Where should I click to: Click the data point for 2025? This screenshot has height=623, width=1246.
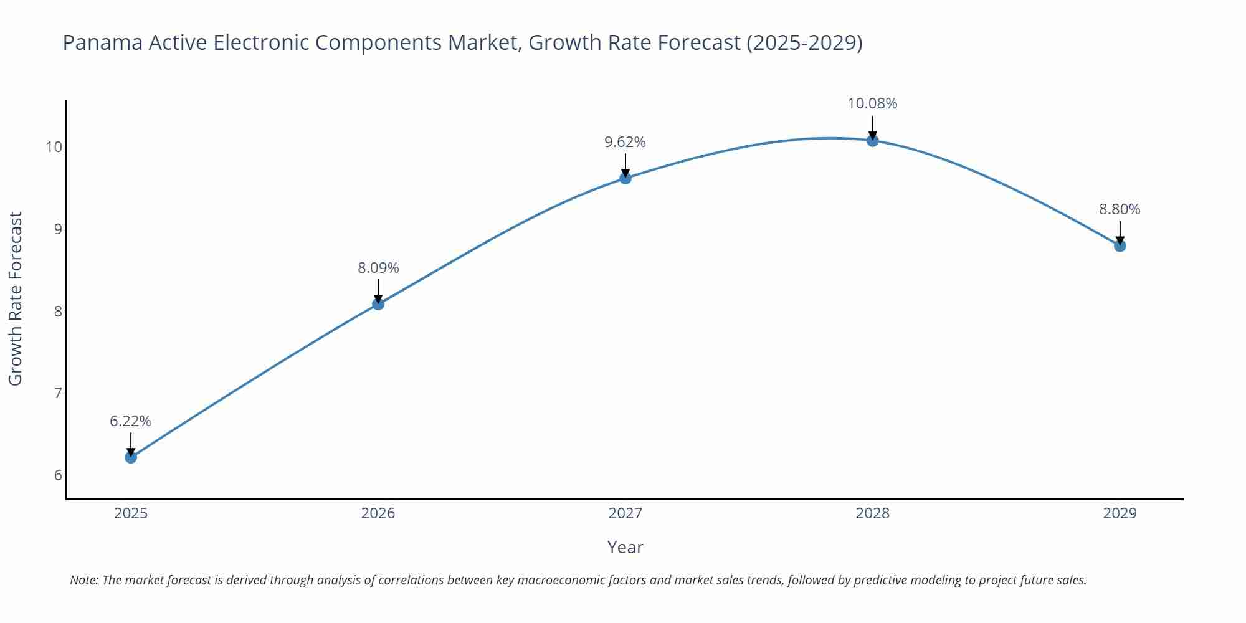pyautogui.click(x=131, y=457)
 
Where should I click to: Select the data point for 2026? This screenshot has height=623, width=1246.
pyautogui.click(x=378, y=304)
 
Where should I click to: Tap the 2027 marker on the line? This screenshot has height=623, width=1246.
pyautogui.click(x=625, y=178)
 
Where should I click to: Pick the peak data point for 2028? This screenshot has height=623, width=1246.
pyautogui.click(x=873, y=141)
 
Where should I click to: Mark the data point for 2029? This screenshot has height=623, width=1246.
pyautogui.click(x=1120, y=246)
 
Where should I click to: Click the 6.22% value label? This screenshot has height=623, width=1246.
pyautogui.click(x=131, y=421)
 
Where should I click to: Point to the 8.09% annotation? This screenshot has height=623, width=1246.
pyautogui.click(x=378, y=268)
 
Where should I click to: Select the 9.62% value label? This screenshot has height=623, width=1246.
pyautogui.click(x=625, y=142)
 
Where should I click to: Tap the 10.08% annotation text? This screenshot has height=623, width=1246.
pyautogui.click(x=872, y=103)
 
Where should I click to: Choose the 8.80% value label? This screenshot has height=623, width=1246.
pyautogui.click(x=1120, y=209)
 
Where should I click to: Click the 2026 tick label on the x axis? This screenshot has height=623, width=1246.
pyautogui.click(x=378, y=513)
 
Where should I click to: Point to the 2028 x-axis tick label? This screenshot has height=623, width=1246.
pyautogui.click(x=873, y=513)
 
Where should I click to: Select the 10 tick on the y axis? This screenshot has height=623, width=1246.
pyautogui.click(x=54, y=147)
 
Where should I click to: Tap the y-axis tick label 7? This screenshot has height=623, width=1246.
pyautogui.click(x=58, y=393)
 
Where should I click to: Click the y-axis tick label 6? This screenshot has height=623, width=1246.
pyautogui.click(x=58, y=475)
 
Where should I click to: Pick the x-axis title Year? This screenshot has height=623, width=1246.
pyautogui.click(x=625, y=547)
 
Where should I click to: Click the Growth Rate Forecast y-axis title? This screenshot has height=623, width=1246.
pyautogui.click(x=16, y=298)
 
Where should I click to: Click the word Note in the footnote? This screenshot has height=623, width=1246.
pyautogui.click(x=83, y=580)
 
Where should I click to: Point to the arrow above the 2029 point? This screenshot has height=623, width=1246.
pyautogui.click(x=1120, y=232)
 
